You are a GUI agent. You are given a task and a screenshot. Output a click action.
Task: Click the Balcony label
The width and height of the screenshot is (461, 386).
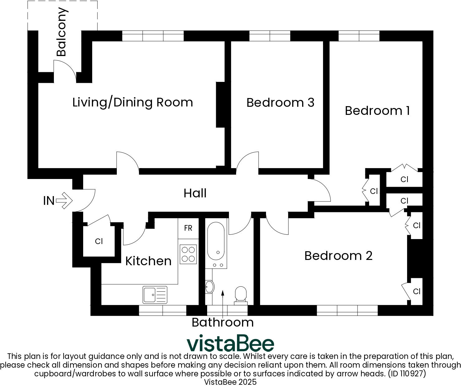61,32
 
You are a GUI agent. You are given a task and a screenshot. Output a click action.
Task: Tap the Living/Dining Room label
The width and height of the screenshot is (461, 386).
133,102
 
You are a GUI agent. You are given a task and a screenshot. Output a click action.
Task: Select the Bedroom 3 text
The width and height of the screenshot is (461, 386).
280,102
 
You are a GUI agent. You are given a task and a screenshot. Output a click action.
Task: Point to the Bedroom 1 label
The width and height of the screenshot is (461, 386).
377,111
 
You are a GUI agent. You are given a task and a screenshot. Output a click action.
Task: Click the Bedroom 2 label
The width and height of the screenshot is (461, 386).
338,256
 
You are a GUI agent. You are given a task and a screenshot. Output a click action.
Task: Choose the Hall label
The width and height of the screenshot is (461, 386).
195,193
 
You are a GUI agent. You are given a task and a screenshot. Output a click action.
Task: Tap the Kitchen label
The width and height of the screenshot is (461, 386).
148,261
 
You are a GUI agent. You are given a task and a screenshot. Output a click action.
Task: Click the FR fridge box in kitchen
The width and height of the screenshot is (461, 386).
188,228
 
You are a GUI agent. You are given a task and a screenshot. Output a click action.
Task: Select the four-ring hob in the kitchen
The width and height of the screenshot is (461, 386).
188,254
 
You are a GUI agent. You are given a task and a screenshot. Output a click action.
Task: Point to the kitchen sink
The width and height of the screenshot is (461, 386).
155,294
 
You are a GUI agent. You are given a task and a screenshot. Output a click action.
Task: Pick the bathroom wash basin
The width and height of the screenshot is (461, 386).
209,287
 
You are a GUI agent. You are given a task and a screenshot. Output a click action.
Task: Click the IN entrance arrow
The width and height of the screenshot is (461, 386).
64,200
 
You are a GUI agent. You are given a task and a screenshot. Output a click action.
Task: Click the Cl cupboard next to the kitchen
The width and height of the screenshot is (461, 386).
99,241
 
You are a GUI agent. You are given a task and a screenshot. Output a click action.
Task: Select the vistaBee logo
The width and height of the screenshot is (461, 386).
230,343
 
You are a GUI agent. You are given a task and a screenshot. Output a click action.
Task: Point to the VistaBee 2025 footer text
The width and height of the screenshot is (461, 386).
230,382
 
